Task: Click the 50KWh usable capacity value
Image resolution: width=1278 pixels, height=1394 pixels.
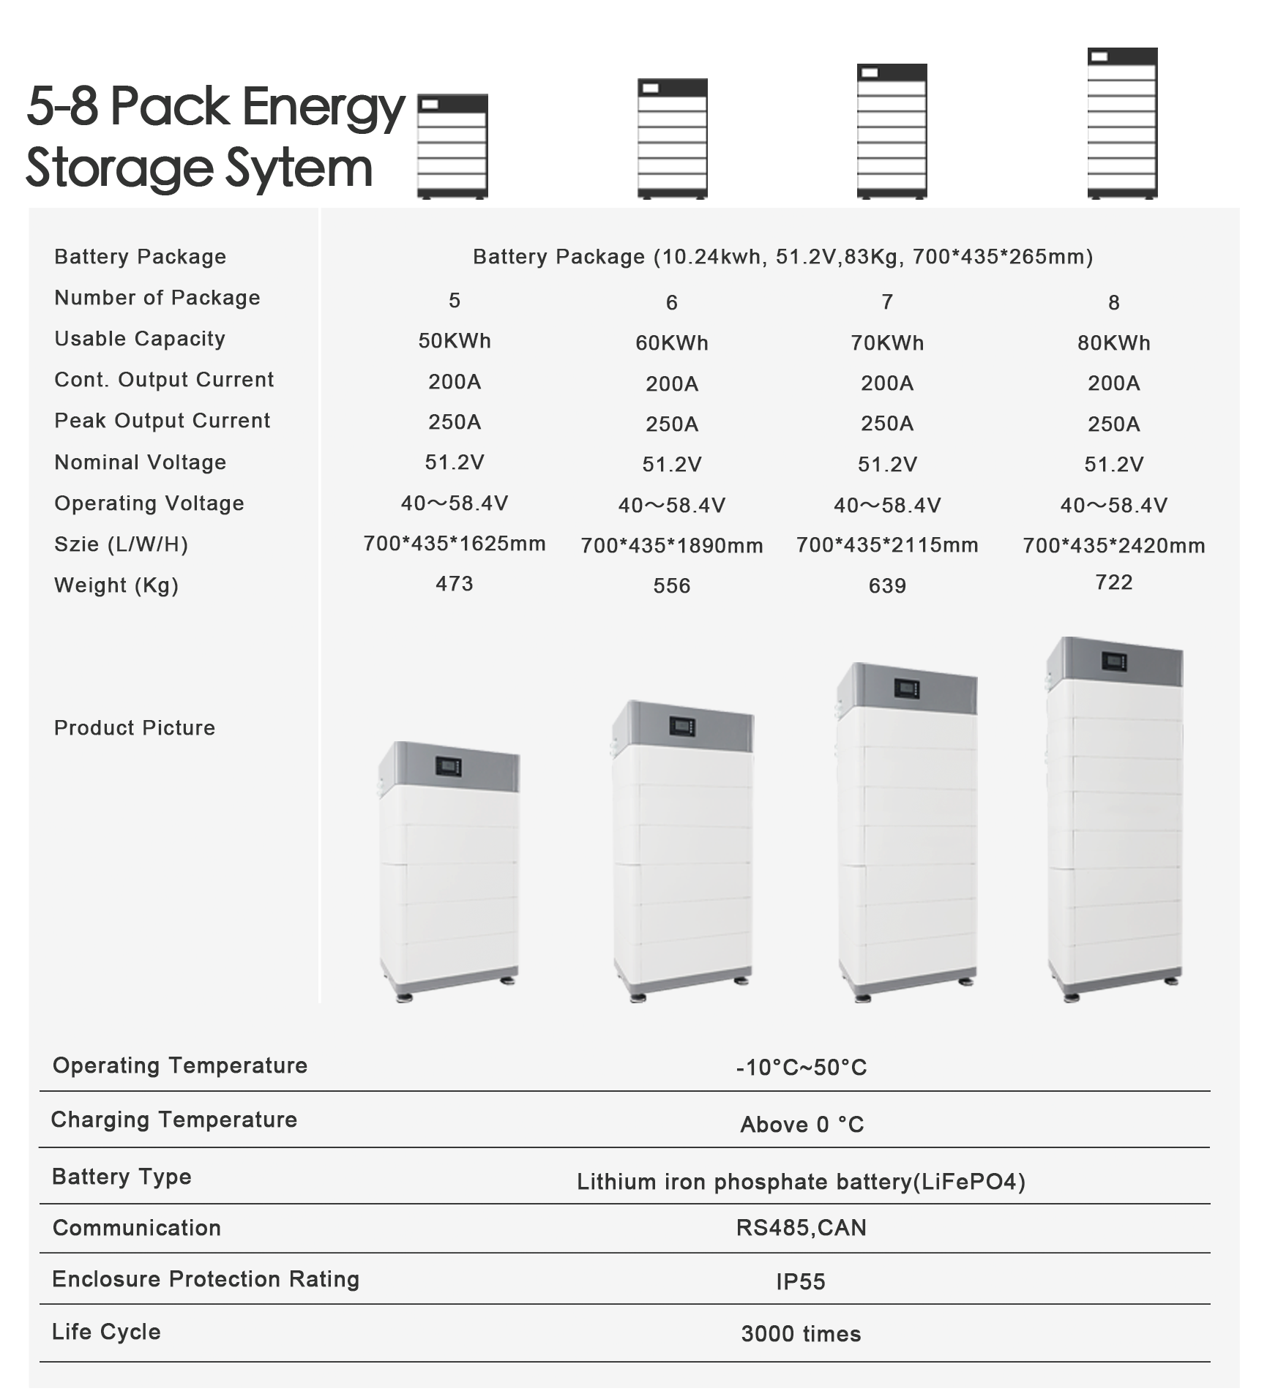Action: [x=454, y=341]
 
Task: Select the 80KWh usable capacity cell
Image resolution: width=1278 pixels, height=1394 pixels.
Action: [x=1113, y=343]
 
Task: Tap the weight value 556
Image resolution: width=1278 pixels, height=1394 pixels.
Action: [x=671, y=585]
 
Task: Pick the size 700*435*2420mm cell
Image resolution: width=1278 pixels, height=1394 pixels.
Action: [x=1113, y=545]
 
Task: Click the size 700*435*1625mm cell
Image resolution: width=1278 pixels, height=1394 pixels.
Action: [x=454, y=544]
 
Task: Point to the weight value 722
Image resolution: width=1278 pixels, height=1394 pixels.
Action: [x=1113, y=582]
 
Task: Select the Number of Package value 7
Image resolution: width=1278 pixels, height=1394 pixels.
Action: [x=886, y=302]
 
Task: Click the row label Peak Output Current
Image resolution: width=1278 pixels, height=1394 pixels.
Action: [x=162, y=421]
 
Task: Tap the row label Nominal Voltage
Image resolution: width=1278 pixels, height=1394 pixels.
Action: [x=140, y=462]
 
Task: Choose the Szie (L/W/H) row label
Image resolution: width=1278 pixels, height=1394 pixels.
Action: [x=121, y=544]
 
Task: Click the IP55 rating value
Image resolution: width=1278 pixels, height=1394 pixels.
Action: [x=800, y=1281]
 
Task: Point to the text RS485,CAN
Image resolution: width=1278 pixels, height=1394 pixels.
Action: [x=801, y=1227]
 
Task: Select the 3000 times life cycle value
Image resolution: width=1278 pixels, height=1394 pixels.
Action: [x=800, y=1333]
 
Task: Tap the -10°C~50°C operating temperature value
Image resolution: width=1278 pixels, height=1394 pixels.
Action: [x=801, y=1067]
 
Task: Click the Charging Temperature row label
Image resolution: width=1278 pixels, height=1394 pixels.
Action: [x=173, y=1120]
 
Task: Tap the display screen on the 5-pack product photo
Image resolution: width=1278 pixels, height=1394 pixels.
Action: [x=448, y=766]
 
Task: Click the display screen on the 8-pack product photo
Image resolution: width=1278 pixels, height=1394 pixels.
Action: [x=1113, y=662]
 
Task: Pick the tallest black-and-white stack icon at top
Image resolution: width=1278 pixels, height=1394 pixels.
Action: [x=1121, y=123]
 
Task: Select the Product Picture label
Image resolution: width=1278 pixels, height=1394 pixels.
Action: [x=134, y=727]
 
